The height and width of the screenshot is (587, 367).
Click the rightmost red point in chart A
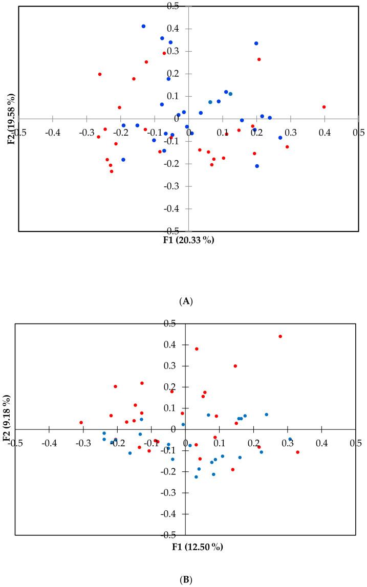[x=324, y=107]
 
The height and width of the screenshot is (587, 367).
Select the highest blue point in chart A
[x=143, y=26]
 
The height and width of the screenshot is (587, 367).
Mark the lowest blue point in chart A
[x=257, y=166]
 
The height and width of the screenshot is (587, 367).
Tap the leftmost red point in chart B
[x=81, y=423]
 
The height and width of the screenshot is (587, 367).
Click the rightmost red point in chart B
[x=297, y=452]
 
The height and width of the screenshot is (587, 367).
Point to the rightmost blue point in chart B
[x=290, y=439]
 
